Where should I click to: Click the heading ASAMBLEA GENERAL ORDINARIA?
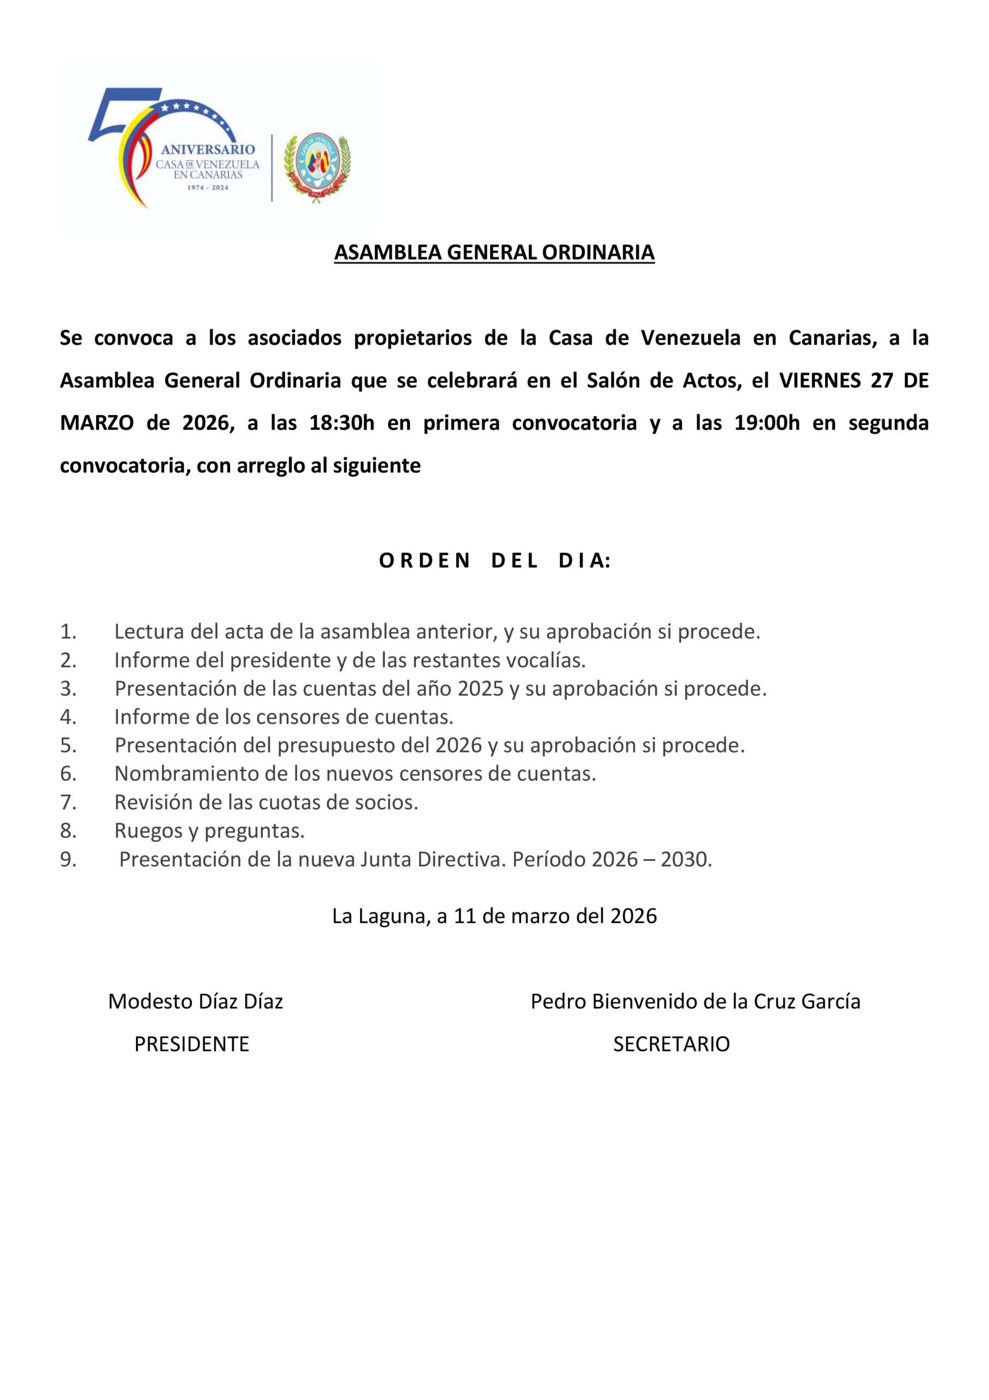point(494,253)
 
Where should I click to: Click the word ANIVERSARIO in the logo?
point(208,149)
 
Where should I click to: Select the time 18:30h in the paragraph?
point(342,423)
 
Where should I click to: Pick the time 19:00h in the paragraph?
point(767,423)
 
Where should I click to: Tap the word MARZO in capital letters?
point(97,423)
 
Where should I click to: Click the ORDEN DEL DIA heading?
point(494,561)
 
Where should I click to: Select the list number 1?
point(68,632)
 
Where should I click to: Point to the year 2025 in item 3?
point(480,689)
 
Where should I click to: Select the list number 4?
point(68,717)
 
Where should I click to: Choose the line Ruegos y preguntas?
point(209,831)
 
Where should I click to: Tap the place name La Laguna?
point(380,917)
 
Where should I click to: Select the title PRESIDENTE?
point(191,1044)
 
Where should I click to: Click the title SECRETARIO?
point(671,1044)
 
